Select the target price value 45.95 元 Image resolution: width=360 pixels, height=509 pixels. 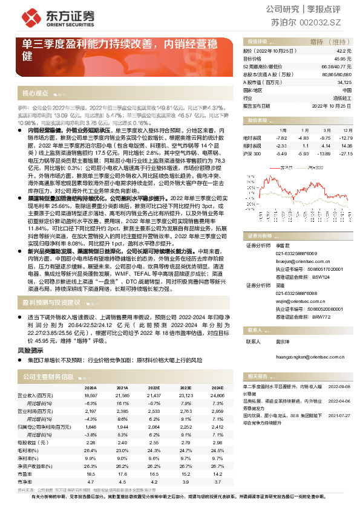point(344,59)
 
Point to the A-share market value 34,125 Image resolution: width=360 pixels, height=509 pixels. point(343,82)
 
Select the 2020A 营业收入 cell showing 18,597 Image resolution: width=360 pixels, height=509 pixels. point(90,394)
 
